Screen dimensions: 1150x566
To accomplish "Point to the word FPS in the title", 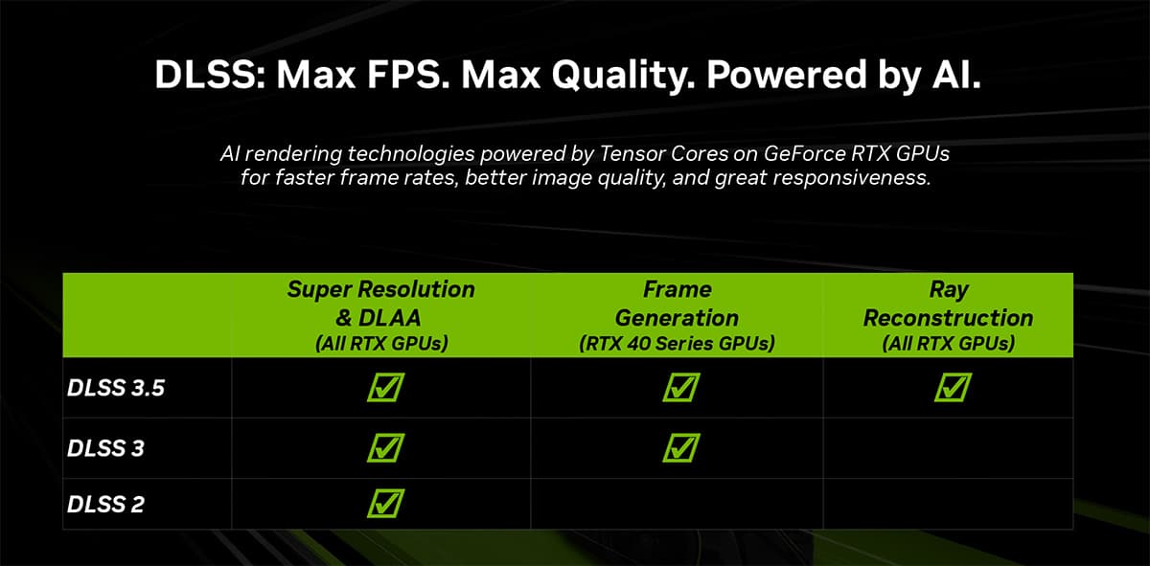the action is point(408,75).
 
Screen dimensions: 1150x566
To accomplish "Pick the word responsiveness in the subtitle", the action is point(851,178).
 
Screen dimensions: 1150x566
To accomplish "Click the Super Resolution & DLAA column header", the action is point(381,316).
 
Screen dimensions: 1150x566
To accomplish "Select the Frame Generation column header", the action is point(677,316).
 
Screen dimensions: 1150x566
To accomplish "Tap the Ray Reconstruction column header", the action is point(948,316).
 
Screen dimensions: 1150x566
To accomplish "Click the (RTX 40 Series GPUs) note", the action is point(677,343).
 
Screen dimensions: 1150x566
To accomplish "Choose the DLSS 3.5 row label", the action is point(116,388).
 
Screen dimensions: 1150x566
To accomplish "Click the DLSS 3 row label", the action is point(105,448).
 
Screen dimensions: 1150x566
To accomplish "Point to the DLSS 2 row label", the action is point(105,505).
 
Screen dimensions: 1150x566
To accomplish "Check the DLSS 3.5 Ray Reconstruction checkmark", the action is point(953,387).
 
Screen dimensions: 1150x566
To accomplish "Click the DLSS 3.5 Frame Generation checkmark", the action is point(680,387).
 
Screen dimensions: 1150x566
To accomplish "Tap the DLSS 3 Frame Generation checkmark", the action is point(680,448).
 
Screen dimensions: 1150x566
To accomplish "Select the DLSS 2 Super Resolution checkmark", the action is point(385,504).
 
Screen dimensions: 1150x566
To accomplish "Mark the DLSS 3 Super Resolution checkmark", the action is point(385,448).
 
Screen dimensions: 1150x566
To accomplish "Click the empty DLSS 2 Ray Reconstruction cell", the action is point(948,504).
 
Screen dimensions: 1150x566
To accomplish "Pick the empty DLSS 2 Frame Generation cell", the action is point(677,504).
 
